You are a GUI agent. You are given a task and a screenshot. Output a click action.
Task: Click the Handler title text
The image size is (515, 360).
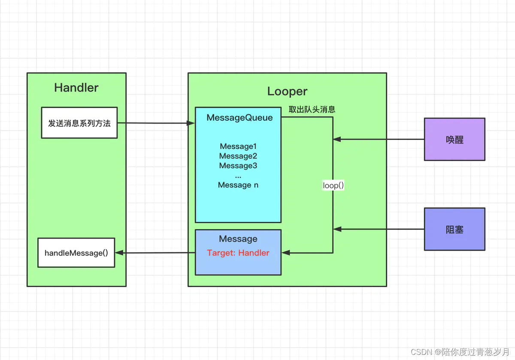pos(76,88)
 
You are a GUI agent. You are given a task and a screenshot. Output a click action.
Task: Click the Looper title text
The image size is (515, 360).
pos(287,91)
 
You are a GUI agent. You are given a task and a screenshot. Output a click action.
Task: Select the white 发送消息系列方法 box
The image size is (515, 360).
pos(79,123)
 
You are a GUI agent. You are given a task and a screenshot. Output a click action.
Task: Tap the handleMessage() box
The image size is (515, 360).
pos(76,253)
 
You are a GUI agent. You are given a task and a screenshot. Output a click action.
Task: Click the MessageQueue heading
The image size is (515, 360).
pos(239,118)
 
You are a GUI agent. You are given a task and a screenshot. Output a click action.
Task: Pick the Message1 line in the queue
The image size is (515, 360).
pos(238,146)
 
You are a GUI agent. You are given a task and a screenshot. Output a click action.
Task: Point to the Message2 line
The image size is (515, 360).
pos(238,156)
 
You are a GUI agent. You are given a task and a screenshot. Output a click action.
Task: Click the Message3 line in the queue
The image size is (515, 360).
pos(238,166)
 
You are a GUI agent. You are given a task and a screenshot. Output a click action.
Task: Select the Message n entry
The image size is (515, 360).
pos(238,185)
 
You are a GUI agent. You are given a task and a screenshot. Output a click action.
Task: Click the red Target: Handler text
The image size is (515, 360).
pos(238,253)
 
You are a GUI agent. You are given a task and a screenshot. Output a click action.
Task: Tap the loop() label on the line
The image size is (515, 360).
pos(333,186)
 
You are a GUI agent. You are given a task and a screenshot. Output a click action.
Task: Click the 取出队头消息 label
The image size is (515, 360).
pos(312,109)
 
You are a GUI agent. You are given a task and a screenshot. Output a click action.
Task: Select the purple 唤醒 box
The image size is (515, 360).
pos(454,140)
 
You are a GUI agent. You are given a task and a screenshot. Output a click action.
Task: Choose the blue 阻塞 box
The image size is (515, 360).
pos(454,230)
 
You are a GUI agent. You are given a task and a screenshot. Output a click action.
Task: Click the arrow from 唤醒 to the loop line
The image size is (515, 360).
pos(378,139)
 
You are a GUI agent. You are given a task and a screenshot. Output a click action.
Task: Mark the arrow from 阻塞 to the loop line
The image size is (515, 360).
pos(378,230)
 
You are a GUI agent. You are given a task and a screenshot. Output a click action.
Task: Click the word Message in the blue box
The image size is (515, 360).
pos(238,239)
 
